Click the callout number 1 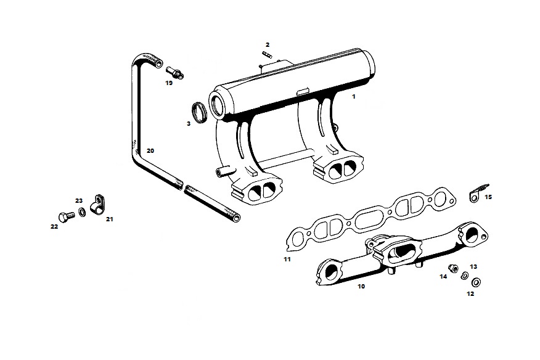[353, 97]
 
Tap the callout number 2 [268, 45]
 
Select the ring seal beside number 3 [199, 112]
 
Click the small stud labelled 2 [268, 54]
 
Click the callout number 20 [150, 151]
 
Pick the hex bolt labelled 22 [67, 217]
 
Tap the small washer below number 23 [83, 212]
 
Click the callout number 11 [287, 260]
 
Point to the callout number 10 [361, 286]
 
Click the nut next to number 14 [452, 268]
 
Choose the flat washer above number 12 [477, 282]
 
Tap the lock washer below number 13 [465, 276]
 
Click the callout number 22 [54, 227]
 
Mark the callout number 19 [169, 83]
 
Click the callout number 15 [488, 197]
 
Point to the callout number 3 [189, 124]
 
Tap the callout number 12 [470, 294]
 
